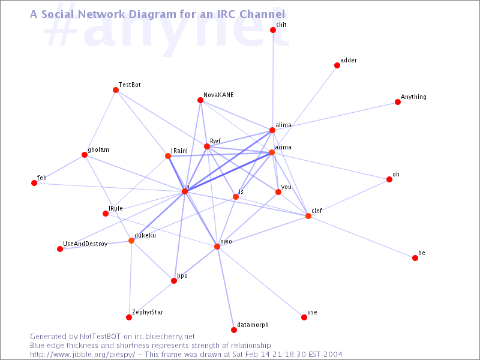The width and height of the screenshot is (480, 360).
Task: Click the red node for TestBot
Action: point(116,90)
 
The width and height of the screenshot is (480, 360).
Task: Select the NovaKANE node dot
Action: point(200,100)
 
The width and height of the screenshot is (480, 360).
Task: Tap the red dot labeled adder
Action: point(337,65)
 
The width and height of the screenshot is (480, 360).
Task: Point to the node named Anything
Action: point(398,102)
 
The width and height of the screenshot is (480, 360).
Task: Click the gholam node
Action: point(85,155)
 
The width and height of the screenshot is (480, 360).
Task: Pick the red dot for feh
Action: point(34,183)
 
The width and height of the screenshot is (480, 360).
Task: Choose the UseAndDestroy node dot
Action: point(60,249)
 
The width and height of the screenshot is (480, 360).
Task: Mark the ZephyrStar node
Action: point(129,317)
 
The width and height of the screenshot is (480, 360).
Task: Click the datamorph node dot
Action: point(234,330)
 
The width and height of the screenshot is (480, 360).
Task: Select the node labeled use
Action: point(304,317)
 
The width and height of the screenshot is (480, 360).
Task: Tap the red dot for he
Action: point(415,258)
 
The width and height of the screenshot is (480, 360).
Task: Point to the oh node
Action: point(389,179)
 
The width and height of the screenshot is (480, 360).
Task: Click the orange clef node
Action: point(308,216)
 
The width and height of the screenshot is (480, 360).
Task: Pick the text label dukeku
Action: point(145,235)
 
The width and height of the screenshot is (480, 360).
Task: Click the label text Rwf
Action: point(215,141)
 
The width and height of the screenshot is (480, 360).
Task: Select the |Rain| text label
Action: point(179,151)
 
